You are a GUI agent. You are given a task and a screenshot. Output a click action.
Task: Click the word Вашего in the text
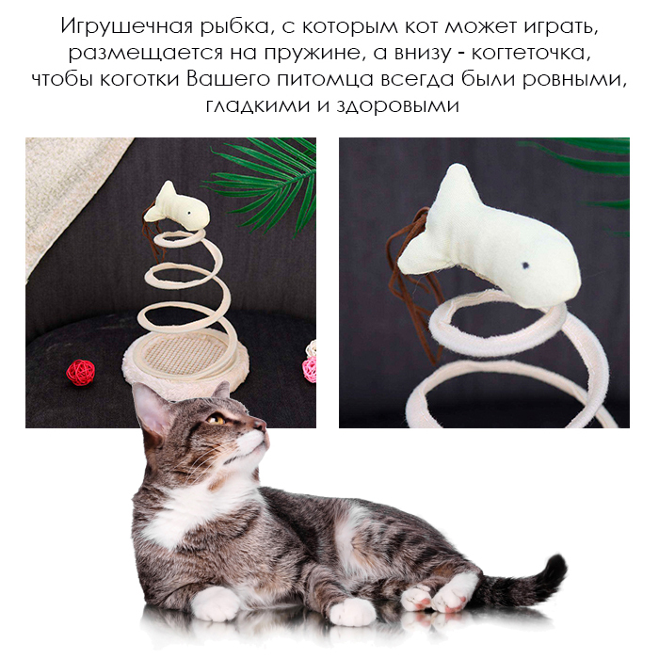227,80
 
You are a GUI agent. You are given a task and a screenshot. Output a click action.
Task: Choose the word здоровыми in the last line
397,106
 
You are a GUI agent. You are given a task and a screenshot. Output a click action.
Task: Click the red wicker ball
80,372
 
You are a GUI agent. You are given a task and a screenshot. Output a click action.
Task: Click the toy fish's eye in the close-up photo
524,265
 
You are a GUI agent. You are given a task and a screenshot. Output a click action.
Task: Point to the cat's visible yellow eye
216,419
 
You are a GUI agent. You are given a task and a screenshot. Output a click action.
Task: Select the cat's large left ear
152,412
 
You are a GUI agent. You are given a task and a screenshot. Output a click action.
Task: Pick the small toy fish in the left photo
177,206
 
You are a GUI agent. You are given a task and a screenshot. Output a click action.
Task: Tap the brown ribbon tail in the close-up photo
414,286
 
